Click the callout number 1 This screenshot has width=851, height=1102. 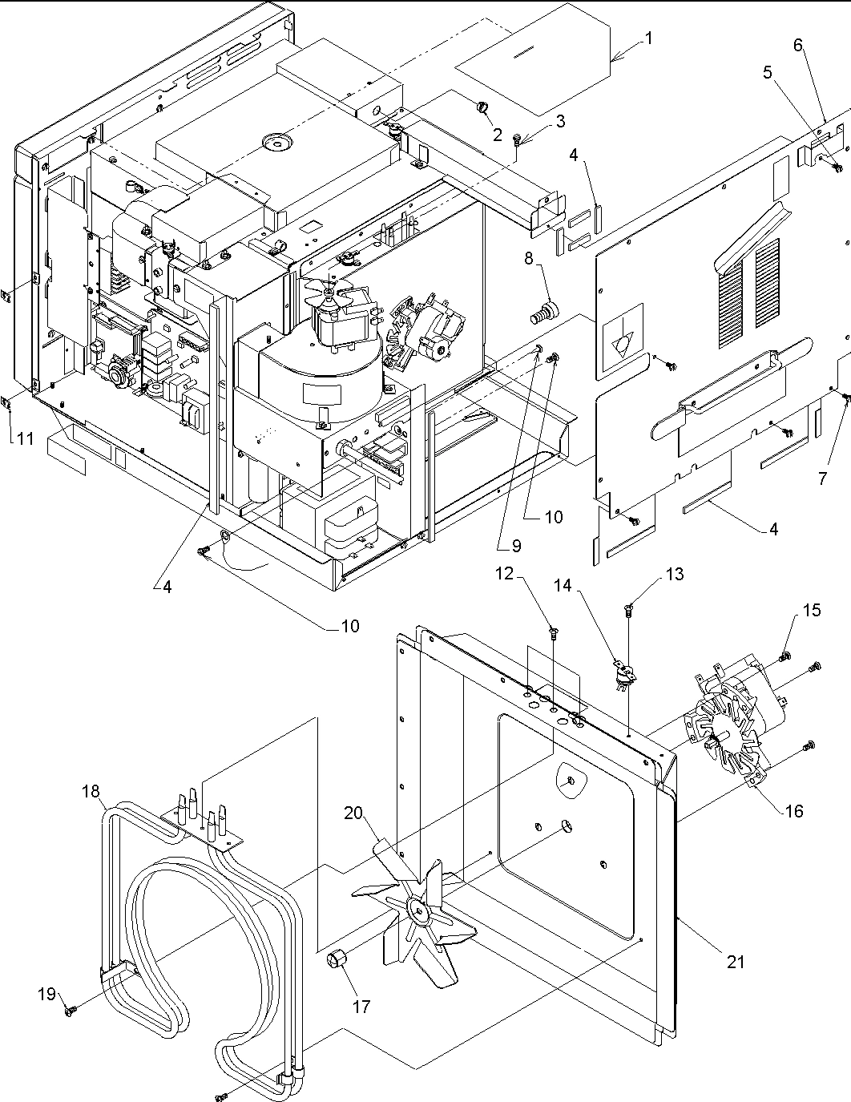coord(648,38)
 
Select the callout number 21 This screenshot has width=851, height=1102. coord(736,962)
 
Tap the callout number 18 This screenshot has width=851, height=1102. coord(91,792)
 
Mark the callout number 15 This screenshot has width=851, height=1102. coord(822,479)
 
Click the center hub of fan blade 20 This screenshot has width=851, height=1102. coord(417,907)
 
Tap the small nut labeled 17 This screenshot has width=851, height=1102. coord(338,959)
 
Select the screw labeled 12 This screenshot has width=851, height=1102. coord(554,635)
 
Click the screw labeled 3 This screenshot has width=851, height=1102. coord(520,139)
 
